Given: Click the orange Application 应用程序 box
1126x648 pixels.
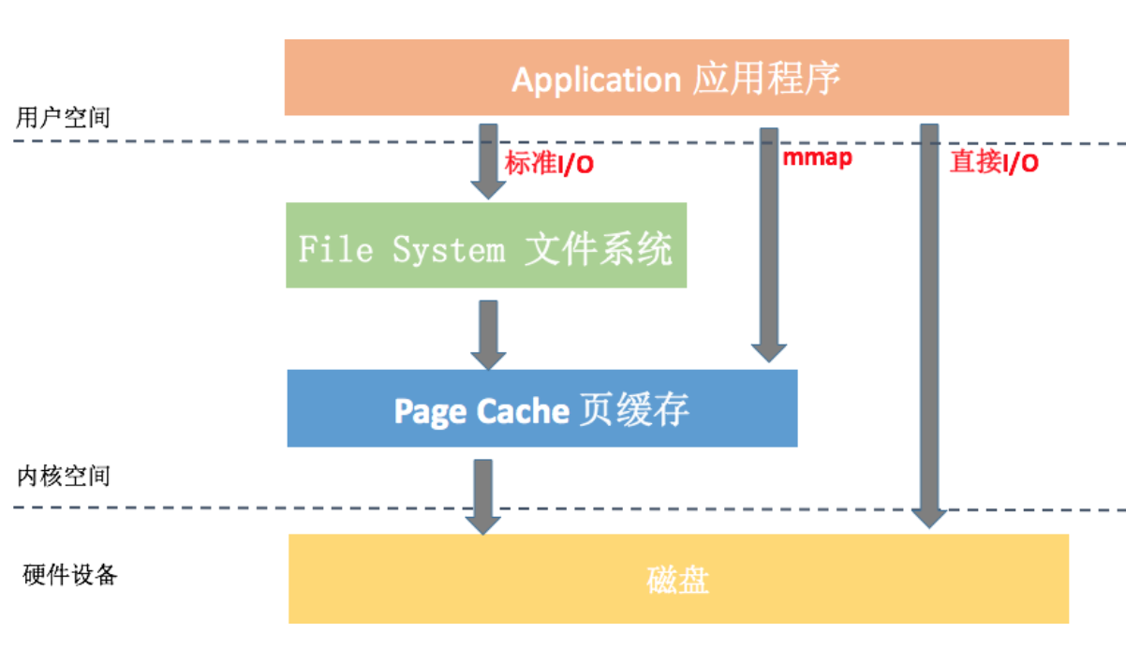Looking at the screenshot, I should (676, 78).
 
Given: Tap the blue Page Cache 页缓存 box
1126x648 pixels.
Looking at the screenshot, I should (541, 408).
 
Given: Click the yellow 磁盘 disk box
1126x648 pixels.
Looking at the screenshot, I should (678, 579).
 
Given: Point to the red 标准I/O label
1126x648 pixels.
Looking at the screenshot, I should (550, 164).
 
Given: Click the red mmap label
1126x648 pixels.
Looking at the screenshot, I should (817, 157).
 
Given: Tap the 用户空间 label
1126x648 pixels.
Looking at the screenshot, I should (63, 118).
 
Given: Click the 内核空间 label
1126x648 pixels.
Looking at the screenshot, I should (63, 476).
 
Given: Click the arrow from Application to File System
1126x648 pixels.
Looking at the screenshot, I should (488, 159).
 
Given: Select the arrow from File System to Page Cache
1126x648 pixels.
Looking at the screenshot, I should (488, 333).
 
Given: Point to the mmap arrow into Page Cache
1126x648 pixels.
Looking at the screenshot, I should (769, 243).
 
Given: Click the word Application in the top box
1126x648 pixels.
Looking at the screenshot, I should (596, 80).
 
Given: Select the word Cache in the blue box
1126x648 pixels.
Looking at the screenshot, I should (523, 411).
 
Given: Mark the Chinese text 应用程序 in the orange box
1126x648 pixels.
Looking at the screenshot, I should (766, 79).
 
